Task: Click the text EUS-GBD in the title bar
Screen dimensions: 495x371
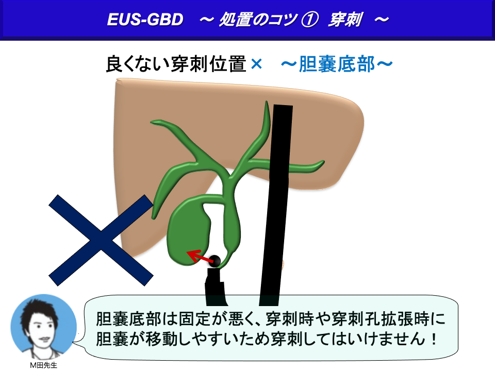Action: point(145,20)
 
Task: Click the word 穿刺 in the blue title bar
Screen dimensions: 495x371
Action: point(345,20)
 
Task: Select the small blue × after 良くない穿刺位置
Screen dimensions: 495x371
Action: point(256,64)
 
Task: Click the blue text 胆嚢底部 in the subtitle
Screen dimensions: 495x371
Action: point(337,64)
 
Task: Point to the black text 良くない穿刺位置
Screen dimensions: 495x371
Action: point(176,64)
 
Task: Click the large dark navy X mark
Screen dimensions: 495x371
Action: point(101,240)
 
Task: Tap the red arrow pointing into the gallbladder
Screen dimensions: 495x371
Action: point(199,256)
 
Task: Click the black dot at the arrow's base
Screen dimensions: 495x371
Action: point(216,261)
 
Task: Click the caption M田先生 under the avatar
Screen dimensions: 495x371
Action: point(43,365)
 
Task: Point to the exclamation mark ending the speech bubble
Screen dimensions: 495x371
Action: point(434,339)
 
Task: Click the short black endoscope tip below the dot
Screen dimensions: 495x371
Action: point(216,286)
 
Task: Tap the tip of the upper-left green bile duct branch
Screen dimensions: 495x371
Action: point(152,122)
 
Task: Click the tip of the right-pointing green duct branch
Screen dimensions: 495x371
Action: point(323,162)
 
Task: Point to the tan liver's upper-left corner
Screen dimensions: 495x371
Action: point(117,79)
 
